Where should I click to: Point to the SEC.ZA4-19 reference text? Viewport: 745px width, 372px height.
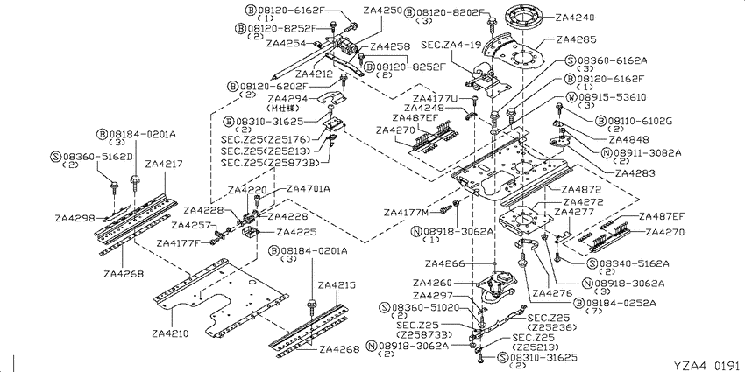451,44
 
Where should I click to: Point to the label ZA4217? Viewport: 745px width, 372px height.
164,164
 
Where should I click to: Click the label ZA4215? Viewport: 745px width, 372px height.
337,285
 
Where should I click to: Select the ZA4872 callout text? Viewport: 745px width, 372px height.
580,190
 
